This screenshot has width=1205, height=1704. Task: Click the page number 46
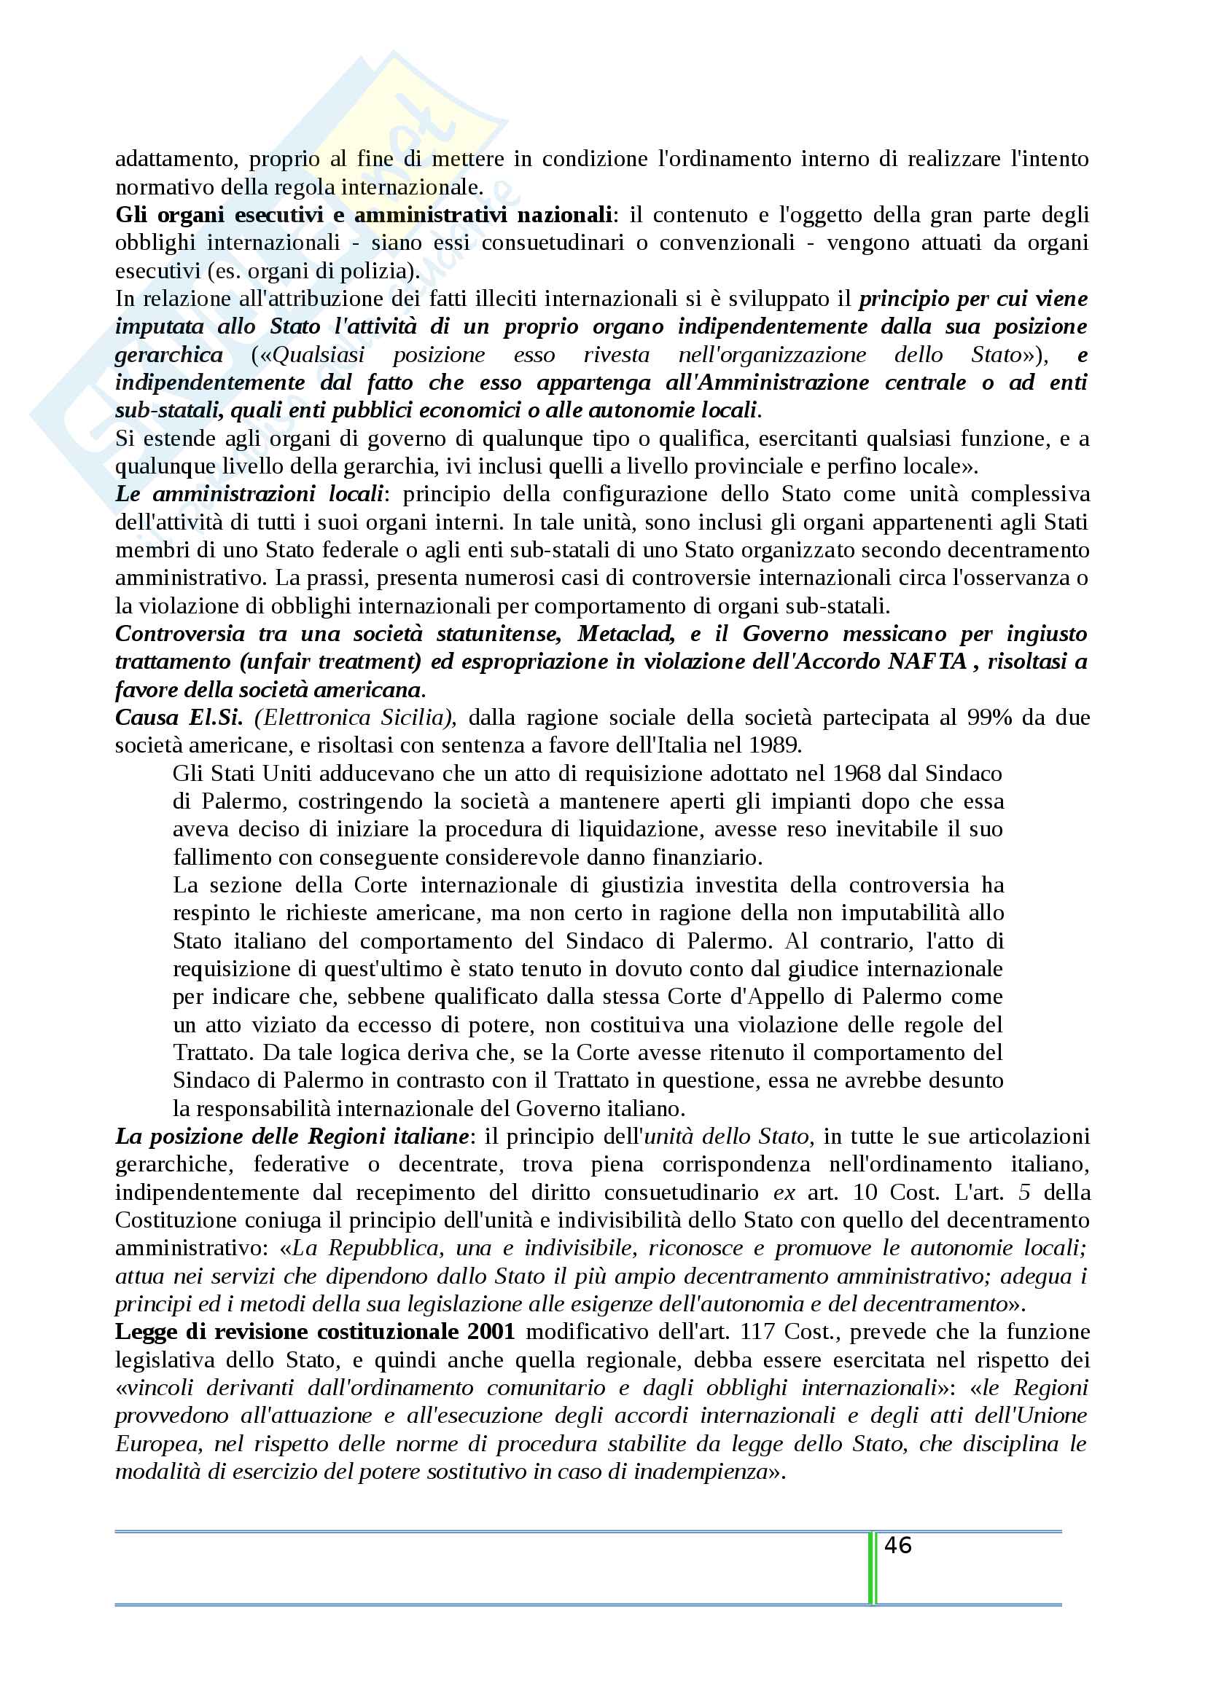click(x=897, y=1546)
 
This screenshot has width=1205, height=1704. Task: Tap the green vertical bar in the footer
click(x=872, y=1567)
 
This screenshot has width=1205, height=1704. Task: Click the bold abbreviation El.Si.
click(x=215, y=717)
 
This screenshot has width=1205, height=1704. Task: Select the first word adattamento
click(x=174, y=159)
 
